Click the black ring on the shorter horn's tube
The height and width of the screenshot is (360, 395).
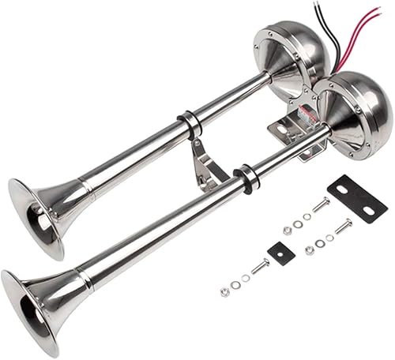[190, 124]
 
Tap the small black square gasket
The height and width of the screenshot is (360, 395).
[281, 253]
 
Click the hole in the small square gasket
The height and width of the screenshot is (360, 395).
[281, 253]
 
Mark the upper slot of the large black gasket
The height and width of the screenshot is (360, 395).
[348, 189]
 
